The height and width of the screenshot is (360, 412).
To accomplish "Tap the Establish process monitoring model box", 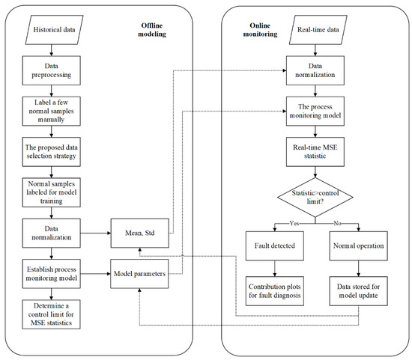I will pos(50,274).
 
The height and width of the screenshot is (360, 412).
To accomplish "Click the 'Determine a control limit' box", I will pos(50,314).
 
